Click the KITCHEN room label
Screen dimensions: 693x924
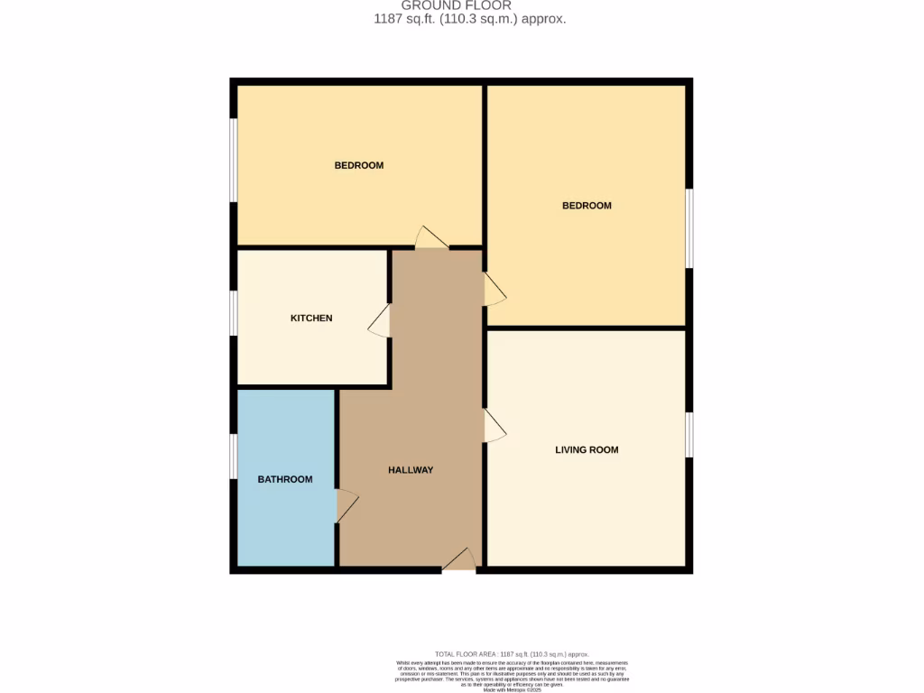pyautogui.click(x=311, y=319)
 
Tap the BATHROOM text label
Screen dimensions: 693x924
pyautogui.click(x=285, y=479)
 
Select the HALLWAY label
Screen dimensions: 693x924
pyautogui.click(x=411, y=470)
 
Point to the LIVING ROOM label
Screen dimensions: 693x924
pyautogui.click(x=587, y=449)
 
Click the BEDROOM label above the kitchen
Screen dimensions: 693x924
pyautogui.click(x=359, y=165)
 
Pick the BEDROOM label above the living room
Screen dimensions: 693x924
pyautogui.click(x=587, y=206)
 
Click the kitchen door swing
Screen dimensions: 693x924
pyautogui.click(x=380, y=320)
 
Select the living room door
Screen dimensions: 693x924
pyautogui.click(x=494, y=426)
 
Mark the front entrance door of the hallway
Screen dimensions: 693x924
pyautogui.click(x=459, y=560)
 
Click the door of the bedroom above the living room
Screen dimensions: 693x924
pyautogui.click(x=494, y=290)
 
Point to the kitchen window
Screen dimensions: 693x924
pyautogui.click(x=233, y=314)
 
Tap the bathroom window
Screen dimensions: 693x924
pyautogui.click(x=233, y=456)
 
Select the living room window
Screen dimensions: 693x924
pyautogui.click(x=688, y=435)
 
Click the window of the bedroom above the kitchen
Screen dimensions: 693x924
pyautogui.click(x=233, y=160)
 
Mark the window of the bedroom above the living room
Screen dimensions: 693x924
pyautogui.click(x=688, y=228)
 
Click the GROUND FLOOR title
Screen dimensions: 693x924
pyautogui.click(x=456, y=5)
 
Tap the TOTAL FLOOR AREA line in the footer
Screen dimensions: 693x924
pyautogui.click(x=512, y=654)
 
